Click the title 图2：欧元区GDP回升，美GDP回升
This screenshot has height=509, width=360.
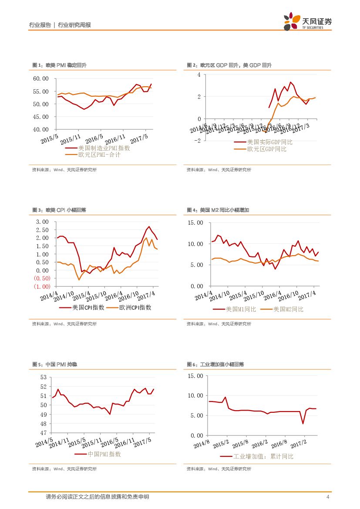click(229, 65)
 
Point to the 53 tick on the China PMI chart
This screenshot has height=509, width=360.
click(43, 378)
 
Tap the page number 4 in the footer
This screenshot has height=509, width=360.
click(327, 497)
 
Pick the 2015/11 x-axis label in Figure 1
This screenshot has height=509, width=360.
click(70, 140)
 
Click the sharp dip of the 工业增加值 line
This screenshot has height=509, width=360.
click(303, 423)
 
